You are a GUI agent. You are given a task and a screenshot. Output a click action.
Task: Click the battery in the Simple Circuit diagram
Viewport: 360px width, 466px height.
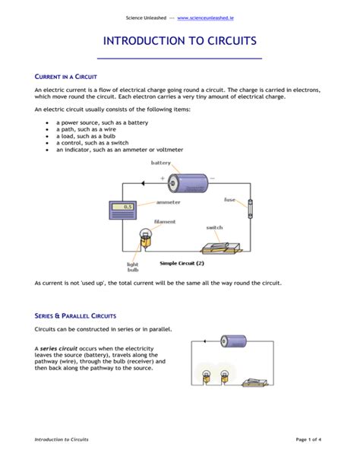point(186,182)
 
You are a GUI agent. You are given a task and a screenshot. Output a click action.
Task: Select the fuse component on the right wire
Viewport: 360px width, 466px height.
point(249,208)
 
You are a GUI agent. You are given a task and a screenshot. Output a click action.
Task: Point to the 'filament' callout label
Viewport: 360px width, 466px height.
point(165,222)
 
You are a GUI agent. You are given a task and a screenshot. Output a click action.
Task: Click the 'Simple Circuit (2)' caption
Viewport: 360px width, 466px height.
point(182,263)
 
